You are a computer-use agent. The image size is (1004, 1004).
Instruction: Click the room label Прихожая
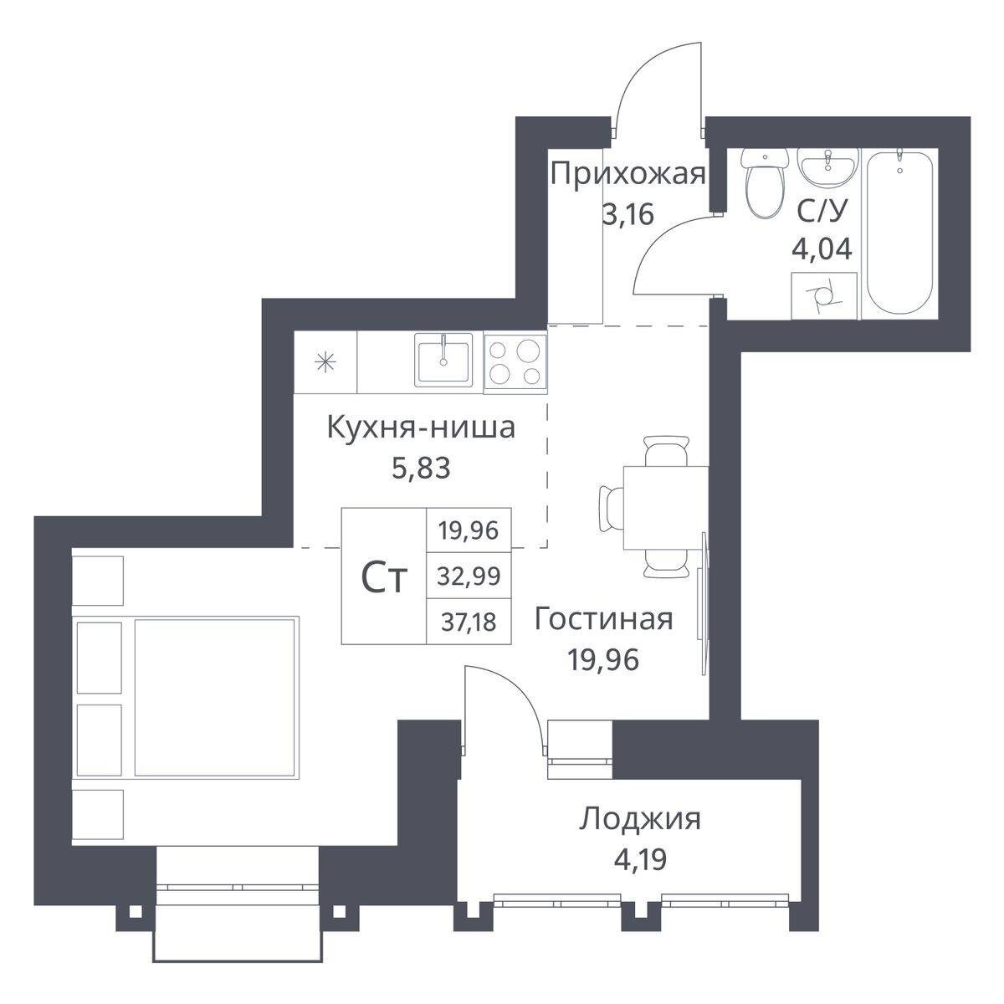[627, 175]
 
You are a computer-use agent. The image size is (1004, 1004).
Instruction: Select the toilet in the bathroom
[765, 182]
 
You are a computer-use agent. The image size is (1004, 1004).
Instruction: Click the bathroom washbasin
[828, 168]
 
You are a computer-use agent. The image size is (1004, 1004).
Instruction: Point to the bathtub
[899, 231]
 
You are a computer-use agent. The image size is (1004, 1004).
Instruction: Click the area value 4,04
[822, 249]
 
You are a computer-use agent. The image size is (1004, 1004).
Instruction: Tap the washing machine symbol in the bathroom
[824, 296]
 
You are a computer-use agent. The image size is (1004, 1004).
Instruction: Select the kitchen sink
[443, 360]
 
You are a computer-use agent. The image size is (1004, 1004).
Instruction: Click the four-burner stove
[515, 362]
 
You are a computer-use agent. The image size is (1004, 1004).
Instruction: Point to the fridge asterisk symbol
[325, 362]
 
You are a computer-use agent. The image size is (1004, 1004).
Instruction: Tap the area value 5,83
[421, 468]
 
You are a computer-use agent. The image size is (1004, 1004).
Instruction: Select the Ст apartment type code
[383, 578]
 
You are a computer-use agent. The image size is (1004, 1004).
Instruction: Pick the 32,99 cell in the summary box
[469, 576]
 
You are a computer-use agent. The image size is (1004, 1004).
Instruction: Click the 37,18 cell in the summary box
[469, 622]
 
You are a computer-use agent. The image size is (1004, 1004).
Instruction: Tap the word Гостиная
[603, 619]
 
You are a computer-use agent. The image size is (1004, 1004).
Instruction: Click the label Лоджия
[640, 820]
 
